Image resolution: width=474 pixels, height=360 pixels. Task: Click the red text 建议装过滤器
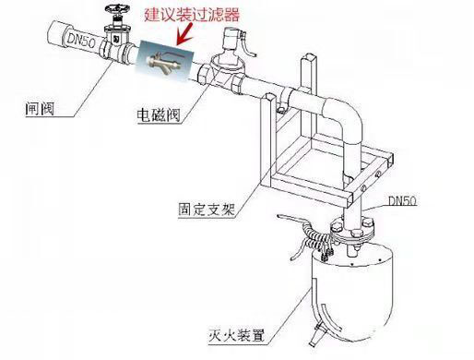click(x=192, y=15)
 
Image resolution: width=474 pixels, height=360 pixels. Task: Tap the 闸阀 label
click(x=40, y=109)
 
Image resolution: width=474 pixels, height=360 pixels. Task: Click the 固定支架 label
click(x=207, y=210)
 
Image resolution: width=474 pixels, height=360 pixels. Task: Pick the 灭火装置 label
click(x=236, y=335)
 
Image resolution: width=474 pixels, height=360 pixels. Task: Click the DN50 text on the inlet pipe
click(x=81, y=40)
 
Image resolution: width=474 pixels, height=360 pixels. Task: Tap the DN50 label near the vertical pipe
click(x=402, y=201)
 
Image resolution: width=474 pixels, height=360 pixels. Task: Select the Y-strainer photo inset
click(x=165, y=61)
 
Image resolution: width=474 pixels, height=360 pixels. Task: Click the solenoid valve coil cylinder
click(x=231, y=39)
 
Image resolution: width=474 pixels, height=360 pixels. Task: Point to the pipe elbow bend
click(x=345, y=114)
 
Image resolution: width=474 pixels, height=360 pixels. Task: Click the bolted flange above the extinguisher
click(x=352, y=229)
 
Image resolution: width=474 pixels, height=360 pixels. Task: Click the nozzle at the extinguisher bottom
click(x=316, y=335)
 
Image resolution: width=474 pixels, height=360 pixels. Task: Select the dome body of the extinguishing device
click(x=353, y=294)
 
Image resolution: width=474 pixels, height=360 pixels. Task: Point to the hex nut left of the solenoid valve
click(x=204, y=74)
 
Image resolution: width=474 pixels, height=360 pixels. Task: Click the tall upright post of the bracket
click(x=308, y=102)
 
